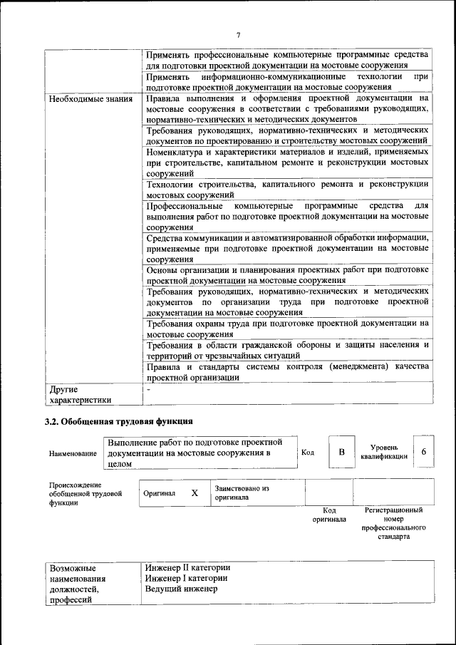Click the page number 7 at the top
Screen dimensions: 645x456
click(239, 35)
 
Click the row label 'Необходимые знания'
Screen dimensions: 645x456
click(91, 99)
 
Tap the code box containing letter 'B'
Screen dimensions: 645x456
click(341, 453)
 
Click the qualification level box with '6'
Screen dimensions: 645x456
click(424, 453)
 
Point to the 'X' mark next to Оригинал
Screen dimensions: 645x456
click(194, 492)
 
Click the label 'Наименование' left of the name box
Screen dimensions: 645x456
click(73, 453)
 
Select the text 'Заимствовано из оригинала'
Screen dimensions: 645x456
click(242, 493)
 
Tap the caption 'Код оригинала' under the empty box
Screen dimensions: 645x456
click(329, 515)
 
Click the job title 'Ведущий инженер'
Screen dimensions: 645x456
click(181, 589)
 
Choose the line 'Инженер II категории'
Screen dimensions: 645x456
click(187, 567)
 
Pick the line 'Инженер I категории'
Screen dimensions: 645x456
click(186, 578)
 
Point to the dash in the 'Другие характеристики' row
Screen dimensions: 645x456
click(148, 390)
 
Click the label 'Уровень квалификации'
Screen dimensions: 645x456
click(384, 452)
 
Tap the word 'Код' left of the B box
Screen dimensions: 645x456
click(308, 453)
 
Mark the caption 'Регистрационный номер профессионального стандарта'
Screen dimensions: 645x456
click(393, 524)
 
